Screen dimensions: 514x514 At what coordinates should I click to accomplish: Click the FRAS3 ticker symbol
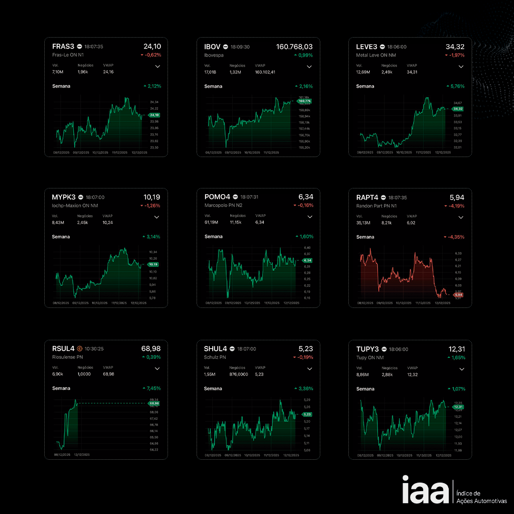coord(63,47)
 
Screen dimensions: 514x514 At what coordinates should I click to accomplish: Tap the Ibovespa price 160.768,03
coord(294,47)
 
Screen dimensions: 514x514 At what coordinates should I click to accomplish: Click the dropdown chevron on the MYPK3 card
coord(158,217)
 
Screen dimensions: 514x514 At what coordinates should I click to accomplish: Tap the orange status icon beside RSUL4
coord(79,349)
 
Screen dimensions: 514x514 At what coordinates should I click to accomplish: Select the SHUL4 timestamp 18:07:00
coord(247,349)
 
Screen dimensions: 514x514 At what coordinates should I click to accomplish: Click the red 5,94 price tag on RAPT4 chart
coord(458,295)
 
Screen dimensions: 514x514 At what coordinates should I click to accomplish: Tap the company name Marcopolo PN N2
coord(223,206)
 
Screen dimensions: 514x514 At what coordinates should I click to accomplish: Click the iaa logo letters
coord(425,490)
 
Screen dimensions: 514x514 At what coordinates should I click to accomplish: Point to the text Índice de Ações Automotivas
coord(481,497)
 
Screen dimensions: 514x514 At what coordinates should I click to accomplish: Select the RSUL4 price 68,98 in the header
coord(151,349)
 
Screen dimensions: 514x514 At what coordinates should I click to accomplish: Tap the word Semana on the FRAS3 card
coord(61,86)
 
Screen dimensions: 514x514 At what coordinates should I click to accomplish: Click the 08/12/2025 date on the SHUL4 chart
coord(213,455)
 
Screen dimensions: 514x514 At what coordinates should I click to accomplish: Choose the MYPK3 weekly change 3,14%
coord(153,237)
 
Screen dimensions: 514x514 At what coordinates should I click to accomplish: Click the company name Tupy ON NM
coord(370,357)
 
